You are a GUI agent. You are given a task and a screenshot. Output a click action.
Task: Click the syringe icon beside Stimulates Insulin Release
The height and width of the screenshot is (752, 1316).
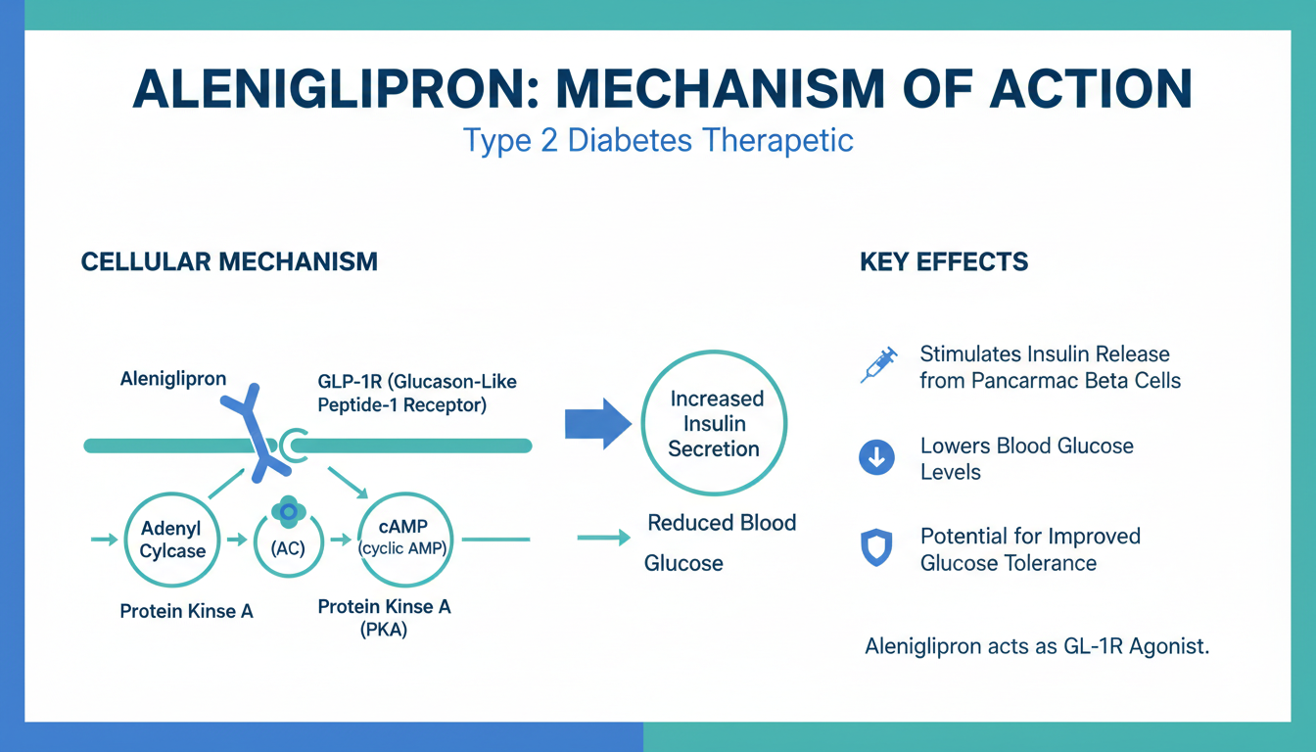877,364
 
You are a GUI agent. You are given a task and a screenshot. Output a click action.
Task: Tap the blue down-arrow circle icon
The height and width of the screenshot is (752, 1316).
876,457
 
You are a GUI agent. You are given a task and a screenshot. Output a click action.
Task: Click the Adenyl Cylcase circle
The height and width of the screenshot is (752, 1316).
172,540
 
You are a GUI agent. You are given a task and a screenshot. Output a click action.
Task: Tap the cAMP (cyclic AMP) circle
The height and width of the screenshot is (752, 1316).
404,540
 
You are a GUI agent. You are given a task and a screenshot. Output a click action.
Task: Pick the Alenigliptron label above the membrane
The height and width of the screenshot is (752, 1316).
172,378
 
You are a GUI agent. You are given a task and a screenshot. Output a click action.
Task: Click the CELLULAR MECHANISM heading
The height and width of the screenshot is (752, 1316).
229,261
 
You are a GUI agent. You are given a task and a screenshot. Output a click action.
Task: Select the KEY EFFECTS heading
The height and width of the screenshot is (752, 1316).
944,261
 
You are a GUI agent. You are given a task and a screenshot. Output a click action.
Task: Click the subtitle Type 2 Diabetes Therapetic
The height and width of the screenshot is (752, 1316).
658,140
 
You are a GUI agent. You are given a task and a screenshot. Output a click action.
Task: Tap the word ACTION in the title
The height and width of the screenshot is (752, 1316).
1076,89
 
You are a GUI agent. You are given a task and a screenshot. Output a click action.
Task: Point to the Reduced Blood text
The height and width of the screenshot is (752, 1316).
722,523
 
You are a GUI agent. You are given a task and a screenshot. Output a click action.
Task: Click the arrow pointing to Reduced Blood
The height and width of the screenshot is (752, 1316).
603,537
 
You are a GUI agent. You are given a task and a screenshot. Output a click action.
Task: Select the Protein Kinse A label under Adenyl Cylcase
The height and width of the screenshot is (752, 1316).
186,611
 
